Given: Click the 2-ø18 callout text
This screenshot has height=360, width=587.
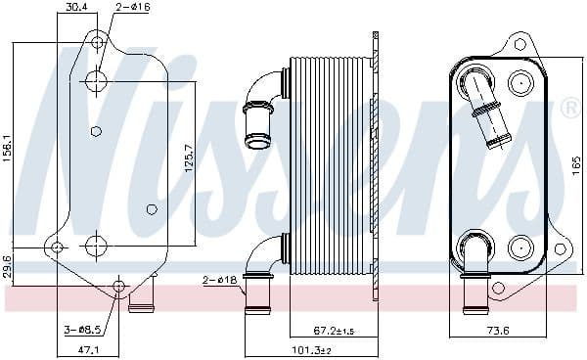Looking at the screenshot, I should [x=220, y=280].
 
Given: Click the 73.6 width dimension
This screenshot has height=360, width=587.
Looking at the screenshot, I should [x=499, y=331].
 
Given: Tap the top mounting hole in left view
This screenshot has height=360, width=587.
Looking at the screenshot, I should [x=96, y=42].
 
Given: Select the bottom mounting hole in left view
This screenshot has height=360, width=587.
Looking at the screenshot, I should [x=119, y=287].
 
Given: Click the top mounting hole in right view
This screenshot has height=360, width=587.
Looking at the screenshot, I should [x=520, y=43].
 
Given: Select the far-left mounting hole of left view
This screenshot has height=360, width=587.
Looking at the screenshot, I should [x=57, y=247].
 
